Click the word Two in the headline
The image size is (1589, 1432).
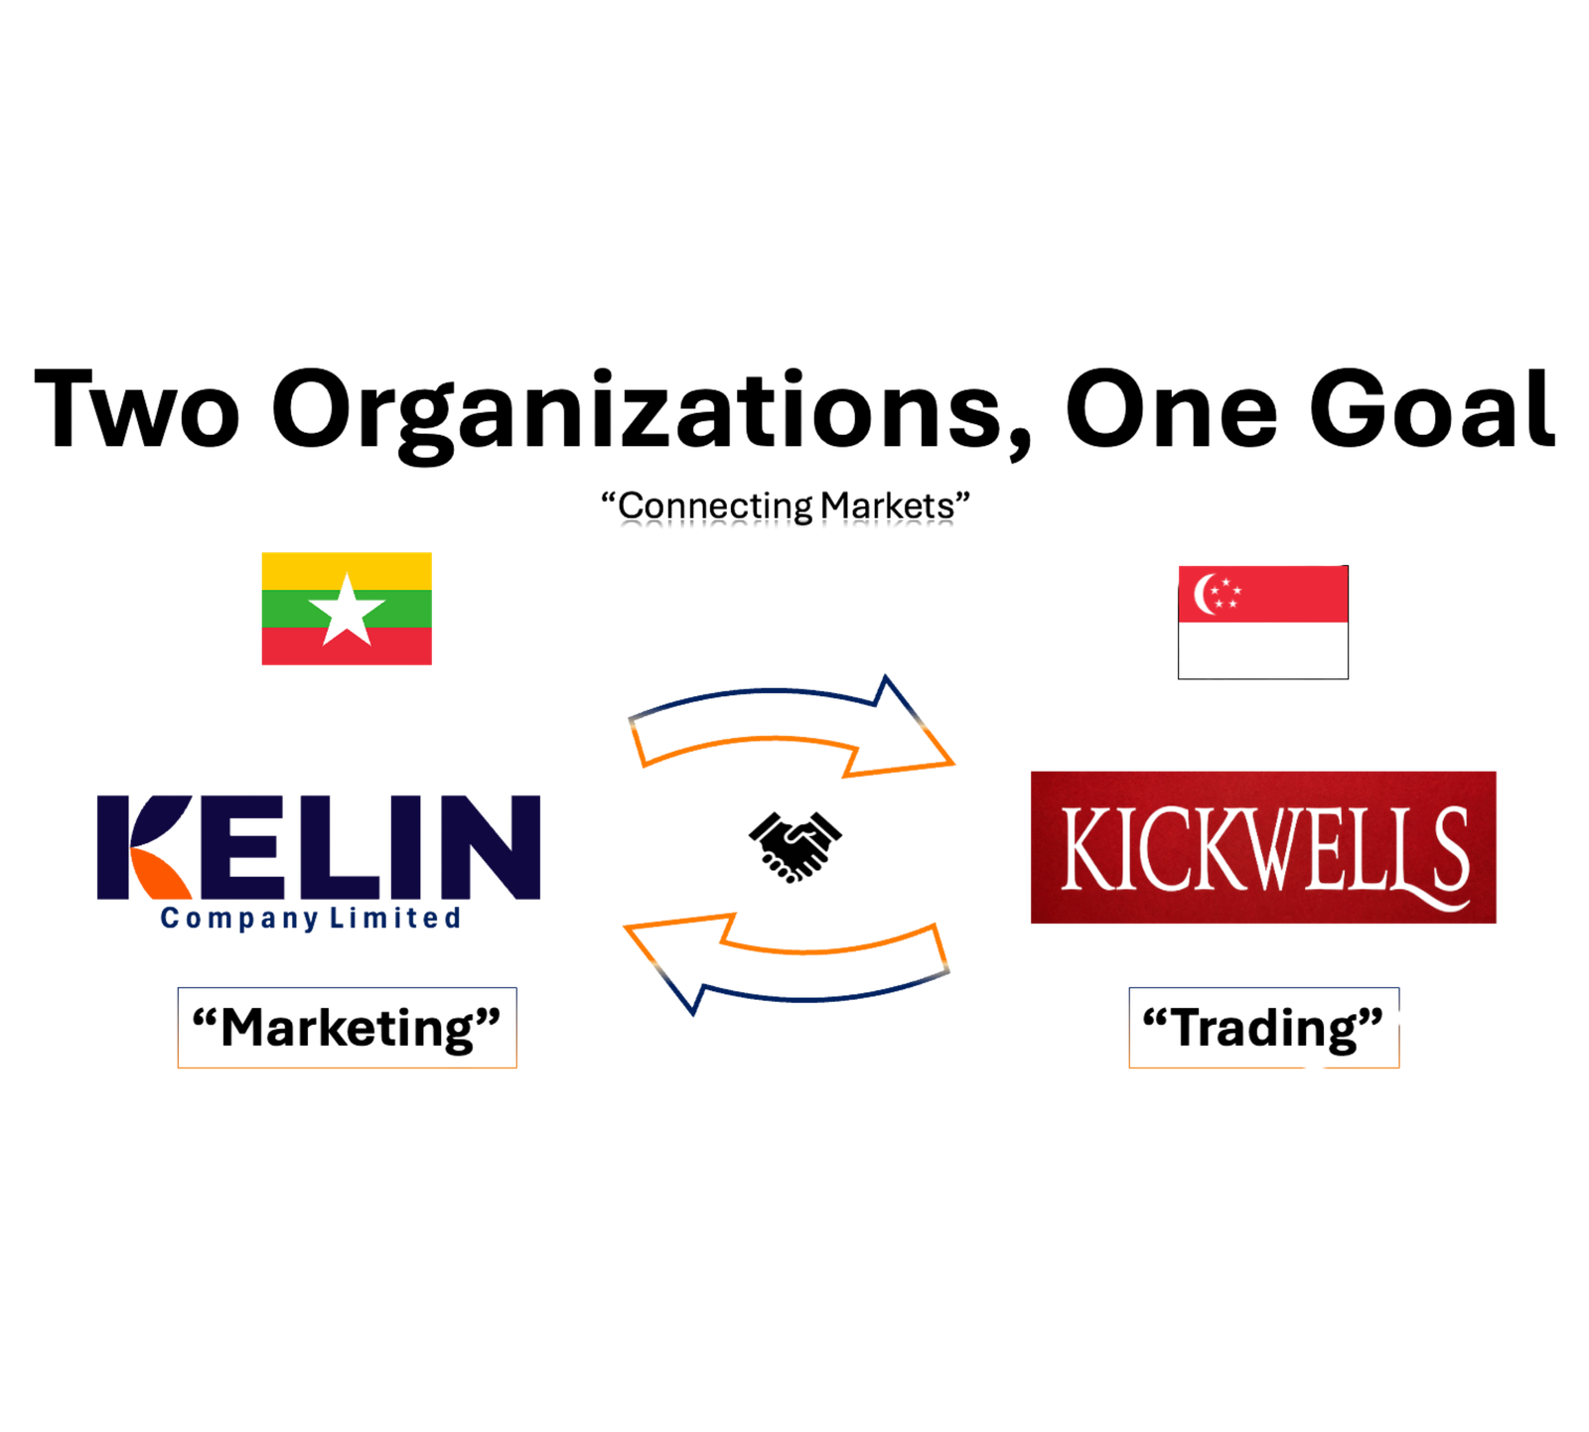[137, 408]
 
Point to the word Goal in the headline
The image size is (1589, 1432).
[1431, 408]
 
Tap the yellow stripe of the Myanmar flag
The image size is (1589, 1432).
[347, 571]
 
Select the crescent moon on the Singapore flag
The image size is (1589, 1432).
[1203, 594]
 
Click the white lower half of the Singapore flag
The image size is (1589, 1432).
[1263, 650]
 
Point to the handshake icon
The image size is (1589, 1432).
[794, 846]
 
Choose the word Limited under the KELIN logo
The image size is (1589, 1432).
[395, 918]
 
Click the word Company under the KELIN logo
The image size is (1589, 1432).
[239, 919]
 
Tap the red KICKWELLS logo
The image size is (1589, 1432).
[1263, 847]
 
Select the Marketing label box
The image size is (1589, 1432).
[347, 1028]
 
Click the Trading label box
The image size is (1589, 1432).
[1263, 1028]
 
